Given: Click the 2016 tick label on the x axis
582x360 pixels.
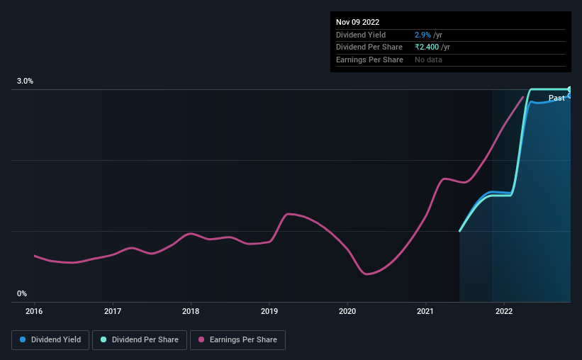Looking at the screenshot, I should pos(35,310).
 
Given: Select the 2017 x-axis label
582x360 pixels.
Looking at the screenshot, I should pos(113,310).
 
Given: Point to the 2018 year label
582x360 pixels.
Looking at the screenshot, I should pos(191,310).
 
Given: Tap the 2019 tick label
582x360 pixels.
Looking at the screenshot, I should pos(269,310).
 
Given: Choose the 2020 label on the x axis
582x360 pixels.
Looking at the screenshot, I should pos(347,310).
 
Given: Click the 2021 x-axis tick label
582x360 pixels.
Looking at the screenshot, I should pos(425,310).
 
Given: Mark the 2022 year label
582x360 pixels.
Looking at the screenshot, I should pos(504,310).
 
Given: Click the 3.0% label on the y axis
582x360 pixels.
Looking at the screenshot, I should pos(26,81).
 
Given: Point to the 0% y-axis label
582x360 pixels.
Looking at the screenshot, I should pos(22,293).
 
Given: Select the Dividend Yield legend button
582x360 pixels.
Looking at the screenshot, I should pos(51,340).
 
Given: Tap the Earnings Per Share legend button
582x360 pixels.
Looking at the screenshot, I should pos(237,340).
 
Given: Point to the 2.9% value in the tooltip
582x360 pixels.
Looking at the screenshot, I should pos(422,35).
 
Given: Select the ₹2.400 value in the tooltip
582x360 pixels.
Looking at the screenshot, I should pos(428,47).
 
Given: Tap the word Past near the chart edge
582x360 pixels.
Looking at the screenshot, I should pos(556,98).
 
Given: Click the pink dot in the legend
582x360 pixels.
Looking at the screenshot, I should pos(201,340).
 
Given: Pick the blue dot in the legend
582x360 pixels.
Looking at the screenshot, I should pos(23,340).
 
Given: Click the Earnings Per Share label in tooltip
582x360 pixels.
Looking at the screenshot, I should pos(369,60).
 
